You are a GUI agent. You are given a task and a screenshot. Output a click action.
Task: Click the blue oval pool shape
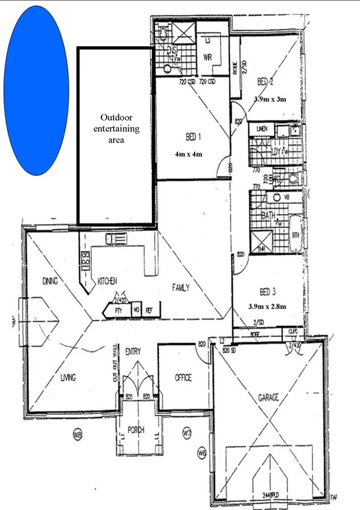coord(36,90)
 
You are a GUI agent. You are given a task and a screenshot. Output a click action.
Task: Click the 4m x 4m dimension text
coord(189,155)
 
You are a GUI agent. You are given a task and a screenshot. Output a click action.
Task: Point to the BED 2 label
coord(266,81)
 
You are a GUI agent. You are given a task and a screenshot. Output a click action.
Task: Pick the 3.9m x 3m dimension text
coord(270,99)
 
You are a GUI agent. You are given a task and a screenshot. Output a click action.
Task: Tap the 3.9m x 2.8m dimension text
coord(267,306)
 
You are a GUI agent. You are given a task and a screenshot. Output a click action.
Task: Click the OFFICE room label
coord(183,378)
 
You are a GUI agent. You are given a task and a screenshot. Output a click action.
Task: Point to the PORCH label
coord(139,430)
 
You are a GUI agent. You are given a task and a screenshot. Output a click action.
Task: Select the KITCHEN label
coord(106,281)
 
